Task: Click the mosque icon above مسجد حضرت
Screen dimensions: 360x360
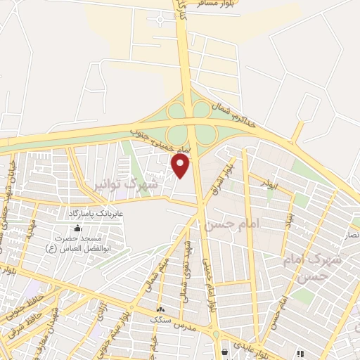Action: (78, 228)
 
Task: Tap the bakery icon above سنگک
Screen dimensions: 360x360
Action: (161, 308)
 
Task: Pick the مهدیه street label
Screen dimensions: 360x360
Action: (30, 228)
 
